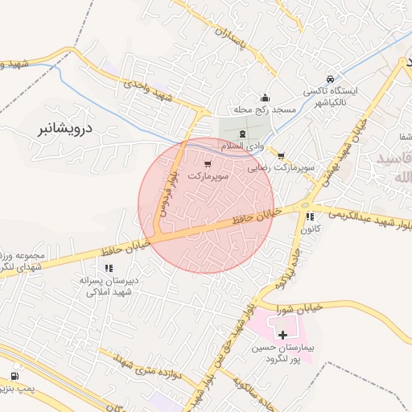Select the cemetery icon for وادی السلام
(x=244, y=131)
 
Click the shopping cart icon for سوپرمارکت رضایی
(x=281, y=154)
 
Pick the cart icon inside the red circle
(x=208, y=163)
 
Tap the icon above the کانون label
(x=310, y=216)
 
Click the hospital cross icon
(x=282, y=333)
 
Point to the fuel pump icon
(x=14, y=376)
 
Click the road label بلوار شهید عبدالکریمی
(x=363, y=215)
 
